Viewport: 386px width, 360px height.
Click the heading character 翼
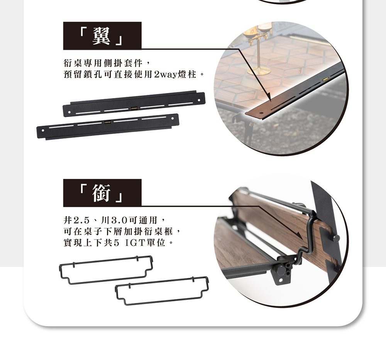[x=102, y=36]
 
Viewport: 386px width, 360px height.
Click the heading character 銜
[x=102, y=193]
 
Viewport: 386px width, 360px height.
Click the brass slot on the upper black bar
[x=134, y=108]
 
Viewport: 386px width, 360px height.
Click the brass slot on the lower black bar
[x=107, y=122]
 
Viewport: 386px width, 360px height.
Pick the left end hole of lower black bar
[x=43, y=130]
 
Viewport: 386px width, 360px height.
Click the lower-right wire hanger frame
[x=163, y=280]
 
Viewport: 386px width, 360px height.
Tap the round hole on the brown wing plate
[x=261, y=113]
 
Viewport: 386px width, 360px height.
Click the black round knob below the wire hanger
[x=280, y=270]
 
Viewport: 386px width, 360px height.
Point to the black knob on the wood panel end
[x=336, y=238]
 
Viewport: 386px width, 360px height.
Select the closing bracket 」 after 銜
[x=119, y=198]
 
